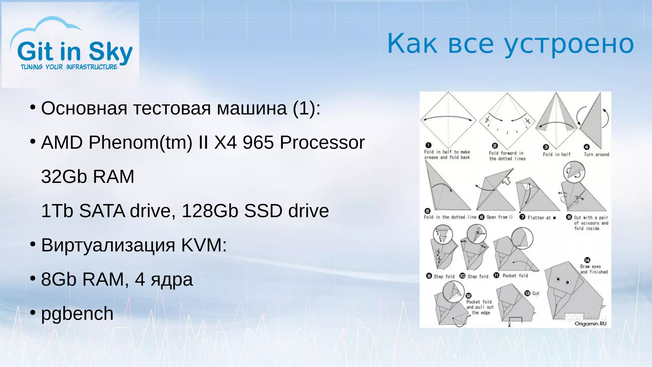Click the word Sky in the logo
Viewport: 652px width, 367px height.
[x=110, y=52]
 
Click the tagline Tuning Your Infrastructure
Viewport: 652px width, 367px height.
[x=69, y=67]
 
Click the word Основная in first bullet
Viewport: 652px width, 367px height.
[x=84, y=108]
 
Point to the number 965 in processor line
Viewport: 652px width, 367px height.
[x=258, y=142]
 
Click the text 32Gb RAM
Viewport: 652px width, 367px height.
[x=88, y=176]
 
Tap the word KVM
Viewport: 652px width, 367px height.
[x=204, y=245]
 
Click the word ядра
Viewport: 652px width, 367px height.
[x=172, y=280]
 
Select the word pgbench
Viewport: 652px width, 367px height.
[x=77, y=314]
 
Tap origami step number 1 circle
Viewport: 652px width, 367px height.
[x=428, y=145]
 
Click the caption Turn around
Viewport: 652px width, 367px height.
[x=596, y=155]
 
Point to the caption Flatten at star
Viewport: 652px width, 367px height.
[x=542, y=218]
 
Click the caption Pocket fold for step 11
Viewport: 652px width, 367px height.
[x=515, y=276]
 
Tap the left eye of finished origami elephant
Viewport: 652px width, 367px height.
[x=557, y=279]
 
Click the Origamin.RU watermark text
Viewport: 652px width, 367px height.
[x=590, y=324]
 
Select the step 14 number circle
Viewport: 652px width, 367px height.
[x=587, y=260]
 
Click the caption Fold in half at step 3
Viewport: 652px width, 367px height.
[x=556, y=155]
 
